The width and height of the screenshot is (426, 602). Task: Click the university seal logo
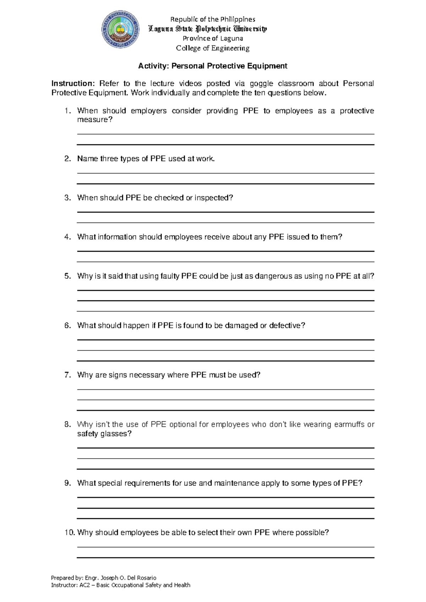[120, 29]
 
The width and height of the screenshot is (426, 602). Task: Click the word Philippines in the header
[238, 19]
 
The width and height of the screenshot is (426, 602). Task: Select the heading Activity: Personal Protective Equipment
[213, 66]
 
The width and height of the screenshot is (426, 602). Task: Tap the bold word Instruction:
[73, 84]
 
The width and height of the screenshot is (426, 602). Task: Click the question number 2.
[68, 159]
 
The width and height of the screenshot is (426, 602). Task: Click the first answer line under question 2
[225, 173]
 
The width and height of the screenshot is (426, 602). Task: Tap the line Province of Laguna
[213, 39]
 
